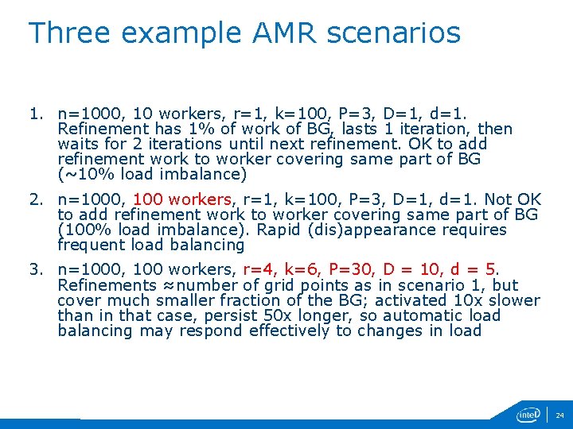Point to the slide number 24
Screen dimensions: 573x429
point(559,415)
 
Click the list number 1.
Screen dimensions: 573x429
point(35,114)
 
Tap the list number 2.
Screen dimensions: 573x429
point(35,199)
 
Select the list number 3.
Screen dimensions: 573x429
point(35,269)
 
